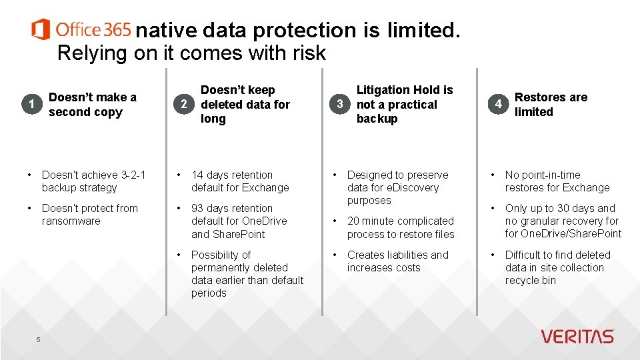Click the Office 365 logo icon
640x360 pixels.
point(41,29)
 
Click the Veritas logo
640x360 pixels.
point(577,337)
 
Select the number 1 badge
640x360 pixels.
point(31,104)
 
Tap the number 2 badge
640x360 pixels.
point(184,104)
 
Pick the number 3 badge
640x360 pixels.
point(340,104)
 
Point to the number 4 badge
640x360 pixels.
point(498,104)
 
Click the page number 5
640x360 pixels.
point(38,340)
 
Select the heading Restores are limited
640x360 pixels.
point(551,105)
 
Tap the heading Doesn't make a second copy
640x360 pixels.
point(92,105)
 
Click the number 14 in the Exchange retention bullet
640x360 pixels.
point(197,175)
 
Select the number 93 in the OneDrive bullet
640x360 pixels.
point(198,208)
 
